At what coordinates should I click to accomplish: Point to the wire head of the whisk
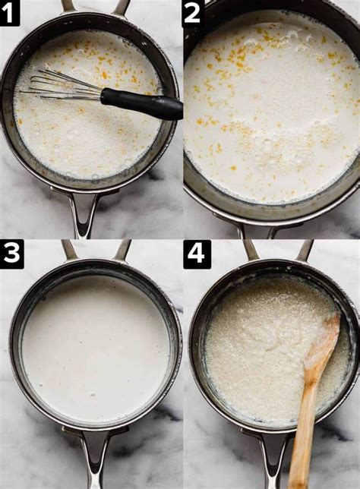coord(61,85)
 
